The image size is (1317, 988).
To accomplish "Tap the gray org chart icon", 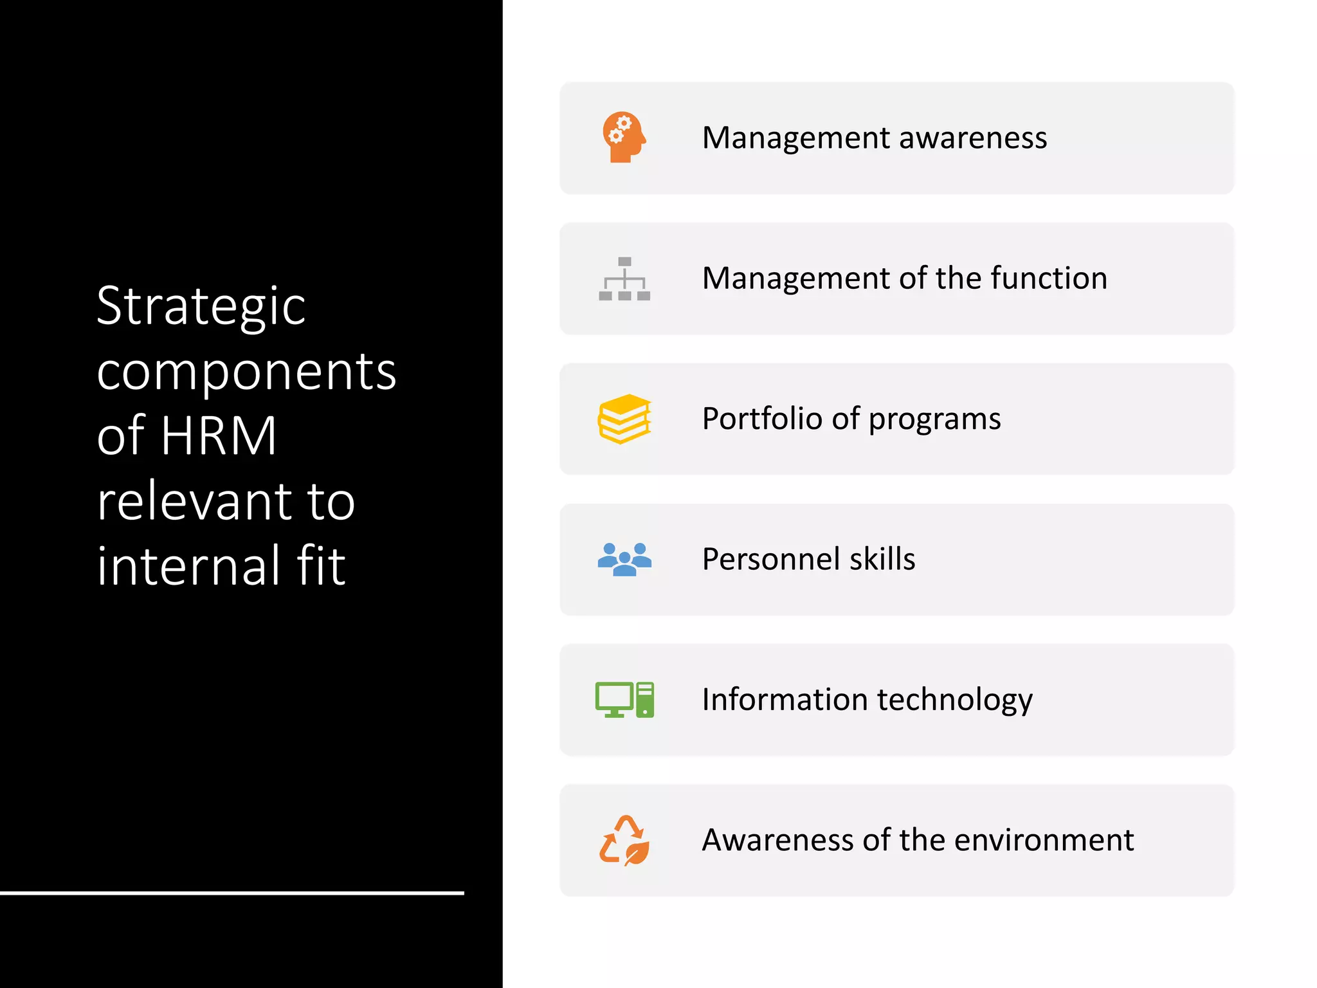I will click(624, 279).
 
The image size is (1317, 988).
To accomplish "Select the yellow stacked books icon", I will click(624, 419).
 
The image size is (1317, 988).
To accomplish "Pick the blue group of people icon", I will click(624, 559).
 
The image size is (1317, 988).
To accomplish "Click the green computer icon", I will click(624, 699).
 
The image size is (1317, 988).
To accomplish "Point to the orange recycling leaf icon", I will click(624, 840).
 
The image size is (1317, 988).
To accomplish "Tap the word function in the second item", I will click(1049, 279).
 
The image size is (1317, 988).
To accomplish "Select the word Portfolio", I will click(762, 419).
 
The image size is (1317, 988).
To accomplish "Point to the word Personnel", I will click(770, 559).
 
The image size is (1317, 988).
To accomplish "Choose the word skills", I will click(882, 559).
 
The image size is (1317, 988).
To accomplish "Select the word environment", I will click(1044, 840).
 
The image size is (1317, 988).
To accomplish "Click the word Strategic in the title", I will click(201, 307).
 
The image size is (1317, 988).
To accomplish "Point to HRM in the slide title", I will click(219, 435).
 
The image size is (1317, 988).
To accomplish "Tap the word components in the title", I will click(246, 372).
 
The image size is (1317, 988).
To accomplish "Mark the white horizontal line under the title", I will click(232, 893).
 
